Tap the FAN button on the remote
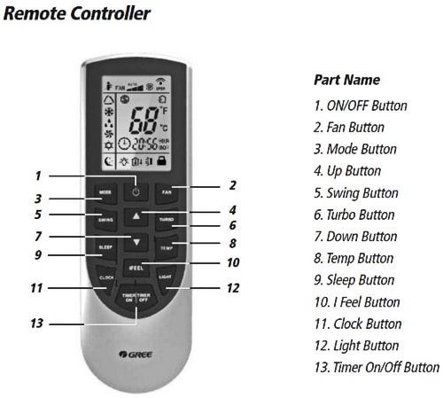(166, 191)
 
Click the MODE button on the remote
(105, 191)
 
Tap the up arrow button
(136, 215)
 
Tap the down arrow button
(136, 242)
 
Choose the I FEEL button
(136, 268)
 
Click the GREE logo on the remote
(135, 355)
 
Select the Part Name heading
(346, 80)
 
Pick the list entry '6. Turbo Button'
(354, 215)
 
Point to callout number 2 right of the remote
(232, 185)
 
